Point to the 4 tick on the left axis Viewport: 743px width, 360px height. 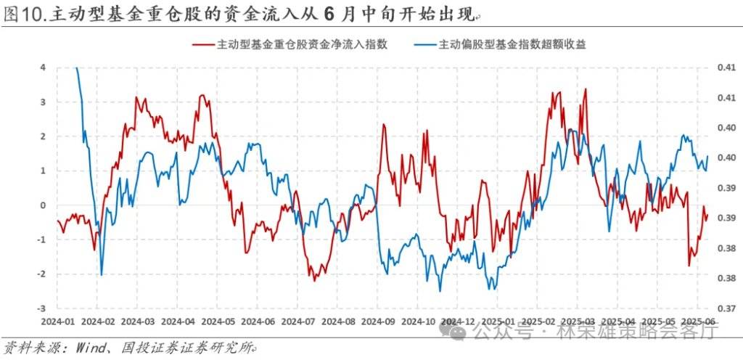[42, 67]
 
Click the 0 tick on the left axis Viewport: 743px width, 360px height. [42, 205]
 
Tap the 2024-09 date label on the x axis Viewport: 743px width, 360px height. [379, 321]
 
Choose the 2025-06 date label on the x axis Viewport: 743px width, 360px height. [701, 321]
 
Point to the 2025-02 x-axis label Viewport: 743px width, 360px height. [540, 321]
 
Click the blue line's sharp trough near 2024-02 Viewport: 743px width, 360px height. [101, 275]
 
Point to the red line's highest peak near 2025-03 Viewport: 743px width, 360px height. [585, 90]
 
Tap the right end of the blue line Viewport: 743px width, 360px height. [707, 156]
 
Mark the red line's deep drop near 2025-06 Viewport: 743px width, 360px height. [689, 266]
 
